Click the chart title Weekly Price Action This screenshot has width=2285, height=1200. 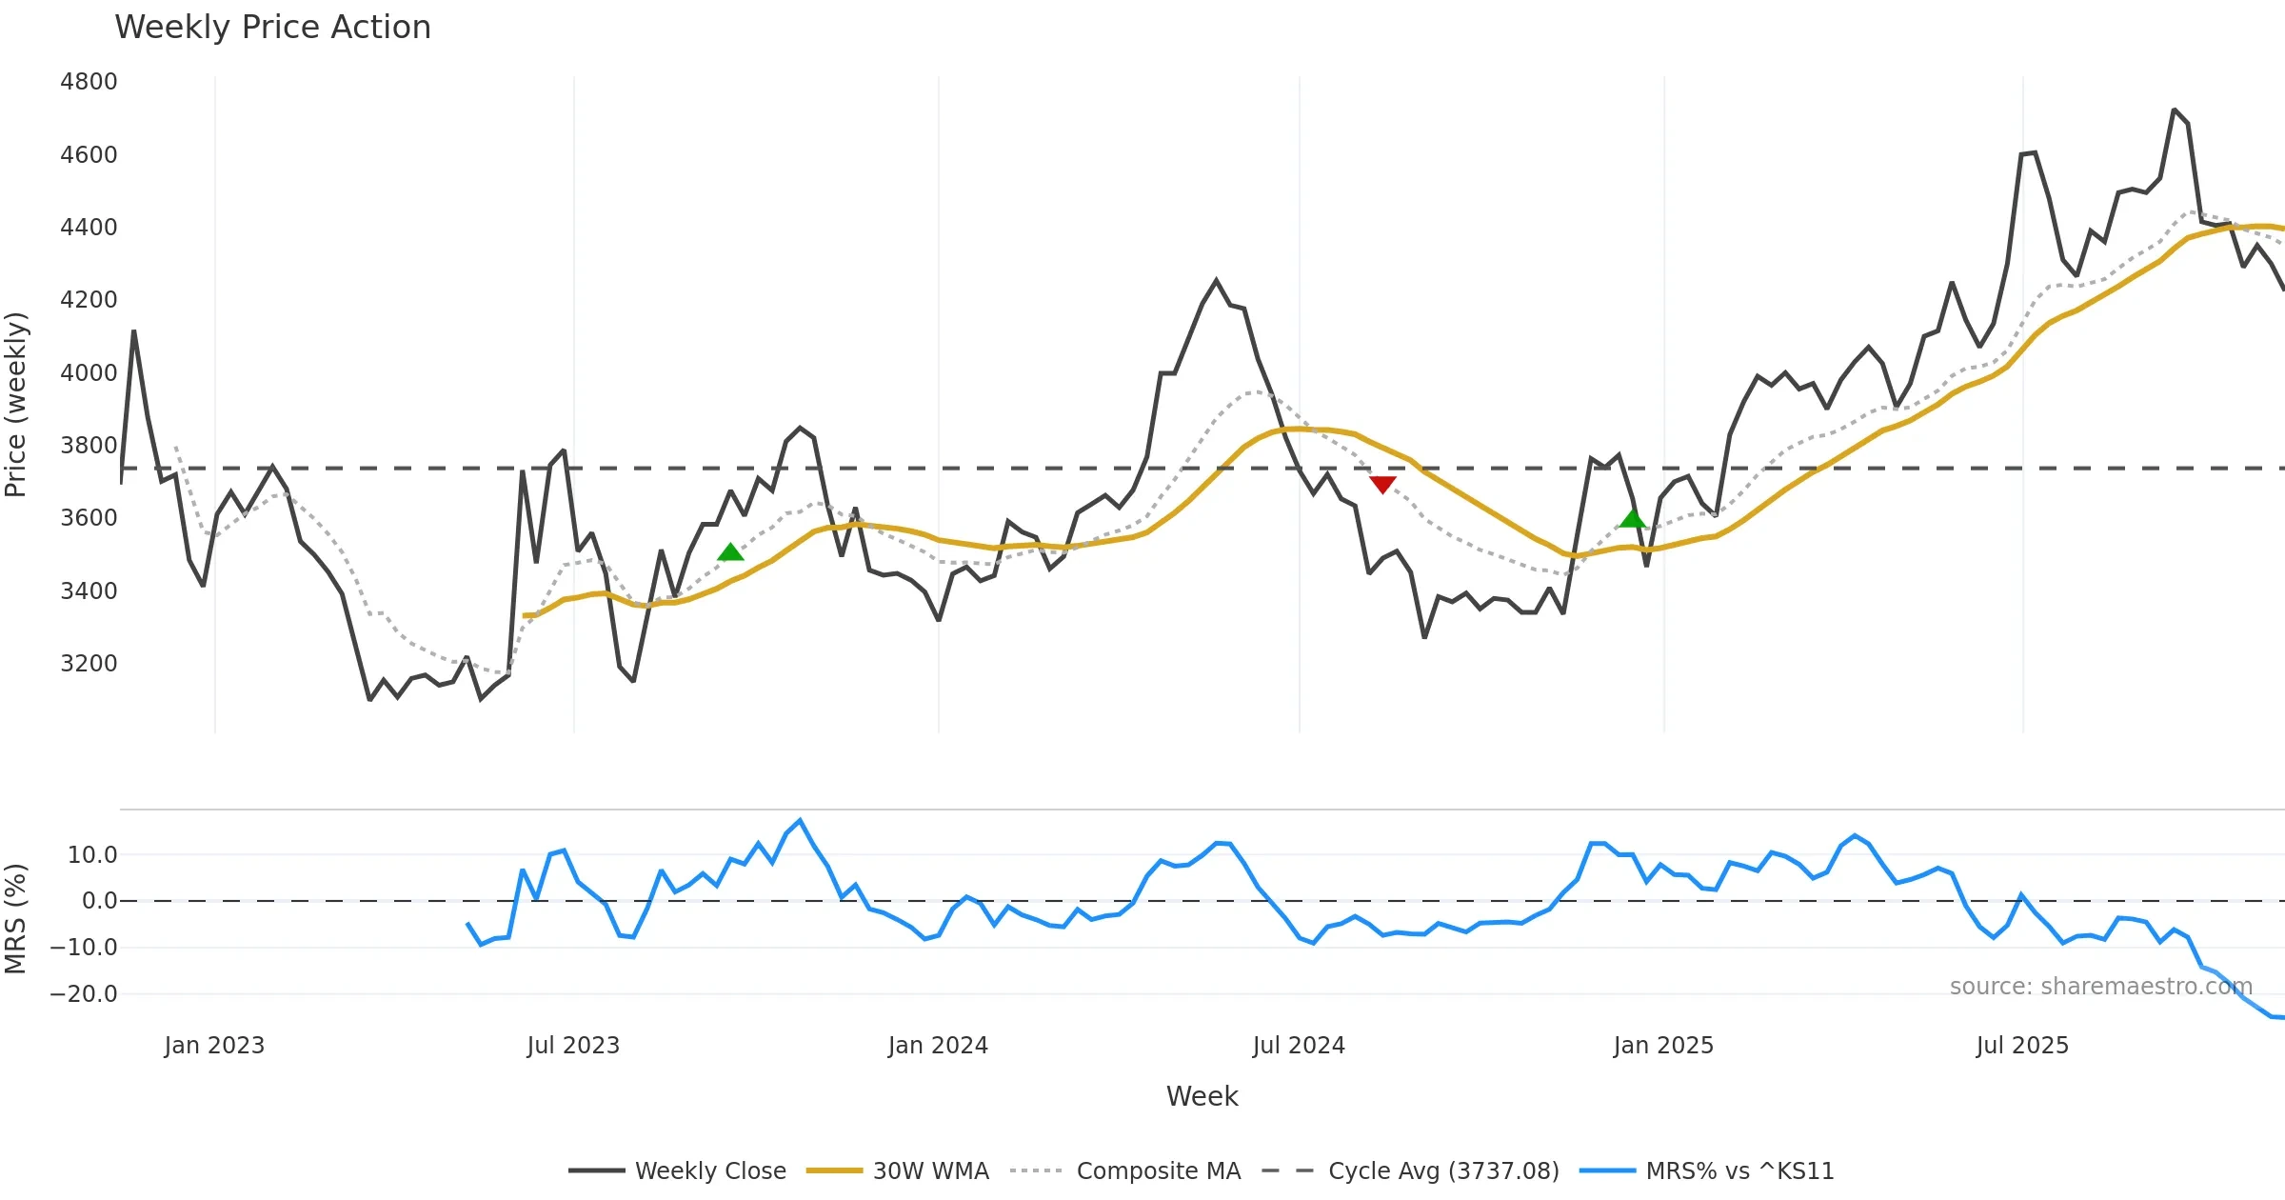click(x=272, y=28)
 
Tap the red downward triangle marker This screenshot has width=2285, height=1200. click(x=1382, y=484)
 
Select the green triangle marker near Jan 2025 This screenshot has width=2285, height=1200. click(x=1632, y=519)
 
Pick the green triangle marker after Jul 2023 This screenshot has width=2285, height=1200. click(x=730, y=552)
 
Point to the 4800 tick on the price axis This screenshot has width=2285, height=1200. click(x=89, y=82)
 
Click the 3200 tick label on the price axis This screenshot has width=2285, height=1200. click(x=89, y=664)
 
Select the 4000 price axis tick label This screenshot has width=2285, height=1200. click(x=89, y=373)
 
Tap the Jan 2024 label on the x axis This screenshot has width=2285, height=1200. click(x=938, y=1046)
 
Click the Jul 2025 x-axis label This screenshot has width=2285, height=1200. click(x=2022, y=1046)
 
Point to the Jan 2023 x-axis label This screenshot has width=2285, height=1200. click(x=214, y=1046)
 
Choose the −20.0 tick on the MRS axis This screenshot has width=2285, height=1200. click(x=84, y=994)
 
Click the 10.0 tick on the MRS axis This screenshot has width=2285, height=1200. click(x=92, y=855)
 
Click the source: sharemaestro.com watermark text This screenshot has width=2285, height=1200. click(x=2101, y=987)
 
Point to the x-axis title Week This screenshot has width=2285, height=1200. click(x=1202, y=1097)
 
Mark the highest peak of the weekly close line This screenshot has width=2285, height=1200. click(x=2174, y=110)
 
